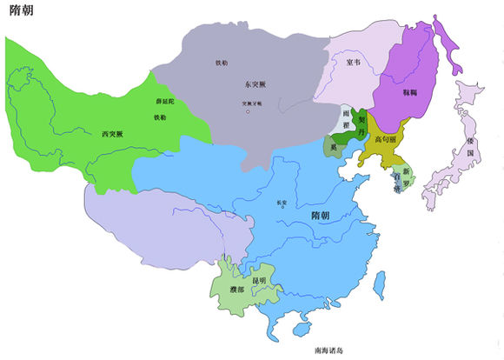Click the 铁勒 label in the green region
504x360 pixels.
[x=160, y=117]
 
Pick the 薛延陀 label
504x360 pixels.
[x=165, y=103]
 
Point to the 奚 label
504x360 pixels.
[x=332, y=149]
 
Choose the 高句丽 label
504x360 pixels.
[x=387, y=138]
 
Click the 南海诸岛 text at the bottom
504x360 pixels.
[x=335, y=350]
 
